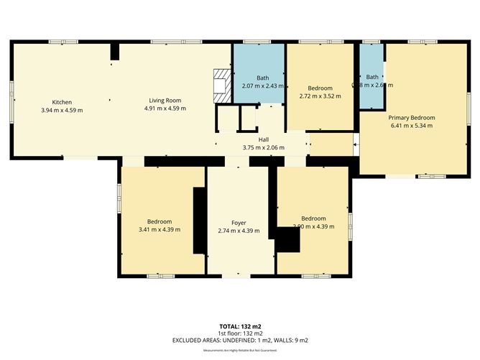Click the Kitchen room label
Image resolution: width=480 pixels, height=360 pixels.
pyautogui.click(x=62, y=101)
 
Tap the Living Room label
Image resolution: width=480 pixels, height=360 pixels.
pyautogui.click(x=164, y=101)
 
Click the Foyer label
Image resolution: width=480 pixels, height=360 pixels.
pyautogui.click(x=239, y=222)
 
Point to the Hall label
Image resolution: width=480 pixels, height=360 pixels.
pyautogui.click(x=264, y=139)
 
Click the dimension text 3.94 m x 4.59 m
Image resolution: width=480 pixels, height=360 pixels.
pyautogui.click(x=62, y=110)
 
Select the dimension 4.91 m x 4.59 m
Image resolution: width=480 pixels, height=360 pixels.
pyautogui.click(x=164, y=109)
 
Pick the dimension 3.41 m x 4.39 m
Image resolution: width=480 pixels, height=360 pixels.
pyautogui.click(x=159, y=230)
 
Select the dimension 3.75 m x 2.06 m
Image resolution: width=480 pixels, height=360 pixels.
pyautogui.click(x=264, y=148)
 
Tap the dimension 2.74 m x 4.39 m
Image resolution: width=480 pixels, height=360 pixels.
pyautogui.click(x=239, y=231)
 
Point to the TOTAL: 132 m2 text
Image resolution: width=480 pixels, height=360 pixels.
pyautogui.click(x=239, y=326)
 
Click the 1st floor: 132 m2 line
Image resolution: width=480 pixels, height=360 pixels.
pyautogui.click(x=239, y=333)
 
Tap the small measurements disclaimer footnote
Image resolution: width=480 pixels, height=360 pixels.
pyautogui.click(x=239, y=350)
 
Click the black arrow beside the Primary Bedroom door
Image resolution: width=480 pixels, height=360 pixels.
pyautogui.click(x=356, y=148)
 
